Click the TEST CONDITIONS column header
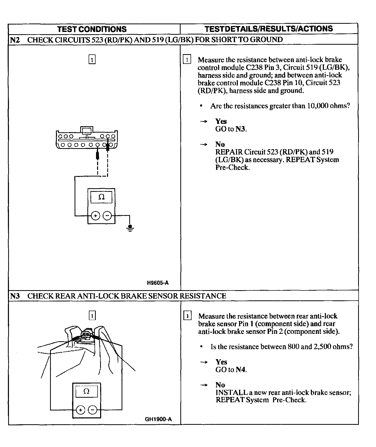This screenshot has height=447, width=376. (92, 29)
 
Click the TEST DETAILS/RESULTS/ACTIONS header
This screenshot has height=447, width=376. (269, 29)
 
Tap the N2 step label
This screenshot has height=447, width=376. (15, 40)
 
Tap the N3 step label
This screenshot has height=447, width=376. (15, 296)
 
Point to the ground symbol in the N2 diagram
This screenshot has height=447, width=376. (130, 228)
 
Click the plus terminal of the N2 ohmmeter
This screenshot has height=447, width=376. (96, 216)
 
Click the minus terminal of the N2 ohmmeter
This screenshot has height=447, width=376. (107, 216)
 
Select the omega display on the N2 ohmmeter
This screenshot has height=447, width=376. (101, 197)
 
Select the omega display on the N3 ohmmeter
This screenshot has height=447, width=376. (86, 391)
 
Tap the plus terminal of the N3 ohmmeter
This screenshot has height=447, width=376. (80, 410)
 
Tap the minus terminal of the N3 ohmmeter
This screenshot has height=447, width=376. (92, 410)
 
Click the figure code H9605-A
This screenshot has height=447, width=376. (158, 283)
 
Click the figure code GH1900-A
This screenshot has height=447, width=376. (158, 419)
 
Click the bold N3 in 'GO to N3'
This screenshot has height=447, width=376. (240, 129)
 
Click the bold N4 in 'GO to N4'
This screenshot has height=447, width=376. (241, 370)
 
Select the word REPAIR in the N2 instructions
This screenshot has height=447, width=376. (229, 152)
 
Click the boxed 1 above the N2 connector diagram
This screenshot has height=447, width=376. (92, 59)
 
